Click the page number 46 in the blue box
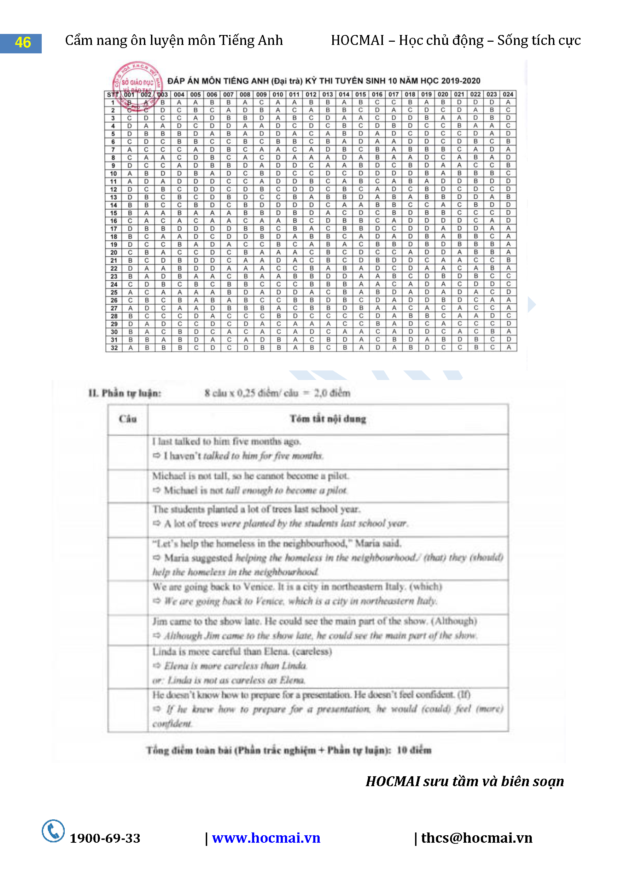click(23, 42)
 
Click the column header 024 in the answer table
click(508, 94)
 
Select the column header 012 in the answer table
click(311, 94)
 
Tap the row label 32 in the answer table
click(114, 347)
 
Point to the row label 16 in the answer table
click(114, 221)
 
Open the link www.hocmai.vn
click(266, 838)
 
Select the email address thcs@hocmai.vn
click(476, 838)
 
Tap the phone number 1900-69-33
click(105, 838)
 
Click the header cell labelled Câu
click(128, 419)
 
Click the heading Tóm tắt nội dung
click(328, 419)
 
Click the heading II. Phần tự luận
click(124, 393)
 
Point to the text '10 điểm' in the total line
click(414, 750)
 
